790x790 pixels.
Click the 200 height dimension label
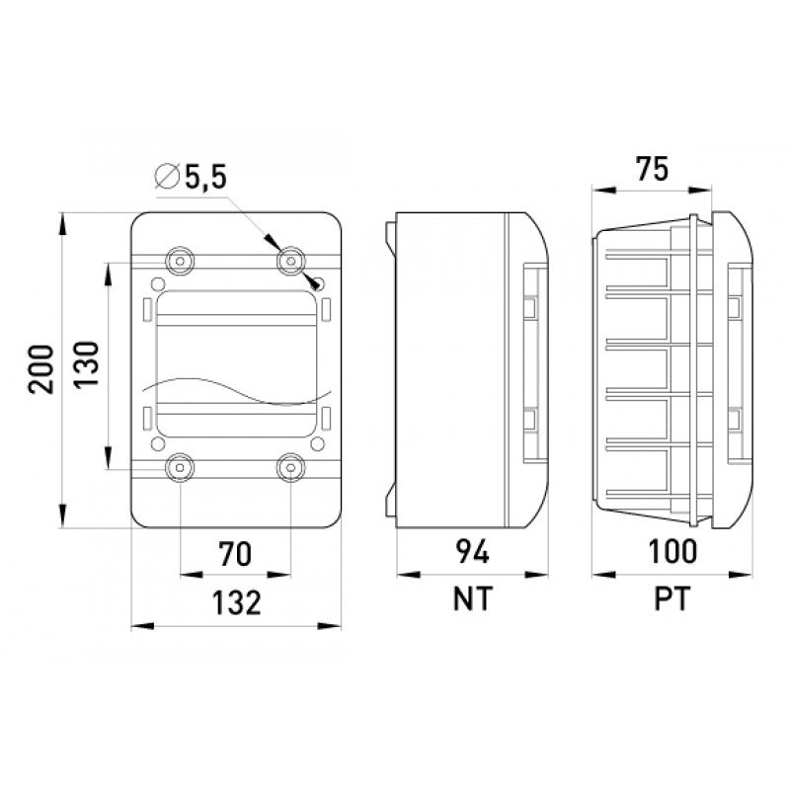(x=41, y=369)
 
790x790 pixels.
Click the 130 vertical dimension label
(x=87, y=363)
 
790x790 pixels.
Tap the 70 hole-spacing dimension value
(x=235, y=553)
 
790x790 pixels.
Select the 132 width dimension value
(x=236, y=602)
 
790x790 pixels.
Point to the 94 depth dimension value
(x=472, y=551)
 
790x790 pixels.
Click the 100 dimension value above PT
(x=672, y=551)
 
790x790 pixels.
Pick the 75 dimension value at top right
(x=652, y=169)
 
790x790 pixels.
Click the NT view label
(x=472, y=598)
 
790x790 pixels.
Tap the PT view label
(x=671, y=598)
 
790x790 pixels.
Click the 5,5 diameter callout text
(x=206, y=178)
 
